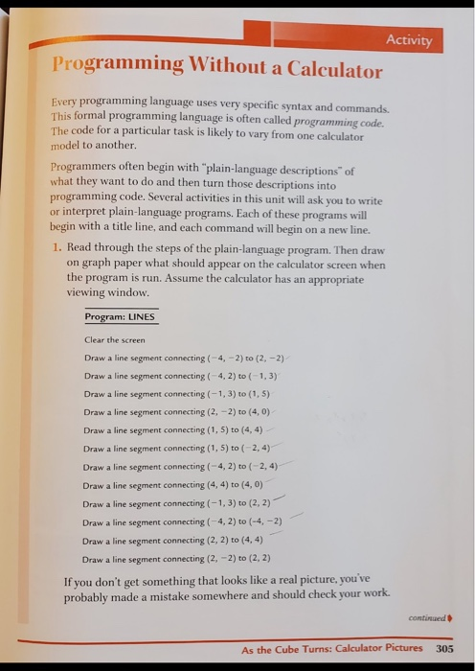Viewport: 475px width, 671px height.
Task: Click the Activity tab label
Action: coord(410,40)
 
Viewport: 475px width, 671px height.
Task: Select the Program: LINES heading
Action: coord(120,316)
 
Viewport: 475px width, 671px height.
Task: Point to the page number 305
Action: coord(443,648)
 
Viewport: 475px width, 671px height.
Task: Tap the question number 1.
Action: coord(57,246)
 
